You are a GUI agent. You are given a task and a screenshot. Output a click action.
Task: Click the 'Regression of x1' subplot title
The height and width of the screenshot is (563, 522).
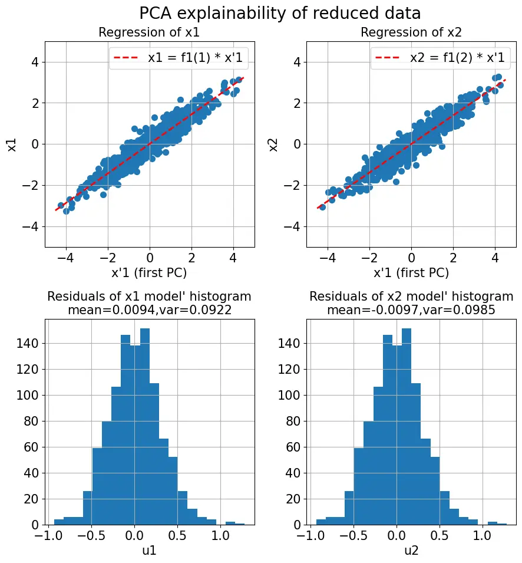150,33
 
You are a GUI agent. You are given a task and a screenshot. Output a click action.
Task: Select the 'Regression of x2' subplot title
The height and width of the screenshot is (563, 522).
411,33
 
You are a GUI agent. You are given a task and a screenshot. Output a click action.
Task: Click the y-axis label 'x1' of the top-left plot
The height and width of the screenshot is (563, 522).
12,144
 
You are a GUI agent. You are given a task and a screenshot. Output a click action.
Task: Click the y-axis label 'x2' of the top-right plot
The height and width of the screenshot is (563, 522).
274,144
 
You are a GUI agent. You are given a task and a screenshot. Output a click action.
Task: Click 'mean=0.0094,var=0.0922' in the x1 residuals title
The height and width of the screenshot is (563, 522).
150,309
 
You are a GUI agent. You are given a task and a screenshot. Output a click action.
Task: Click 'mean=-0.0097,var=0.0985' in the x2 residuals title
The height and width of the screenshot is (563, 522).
411,309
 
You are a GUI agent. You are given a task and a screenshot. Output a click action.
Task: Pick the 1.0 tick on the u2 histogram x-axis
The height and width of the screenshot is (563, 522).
482,535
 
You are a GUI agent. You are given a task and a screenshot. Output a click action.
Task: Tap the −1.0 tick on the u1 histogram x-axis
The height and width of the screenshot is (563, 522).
47,535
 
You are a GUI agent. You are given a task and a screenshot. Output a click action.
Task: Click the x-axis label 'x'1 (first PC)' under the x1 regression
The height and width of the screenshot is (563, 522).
150,272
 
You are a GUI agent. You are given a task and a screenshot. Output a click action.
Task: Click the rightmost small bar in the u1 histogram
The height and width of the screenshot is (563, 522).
240,524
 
